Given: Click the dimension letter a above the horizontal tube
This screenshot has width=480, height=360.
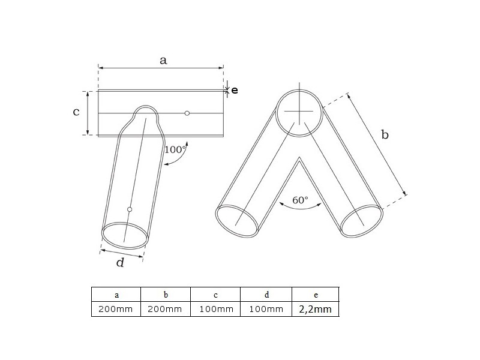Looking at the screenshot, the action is [x=163, y=61].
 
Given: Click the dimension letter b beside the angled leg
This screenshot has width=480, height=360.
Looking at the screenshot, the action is [x=385, y=134].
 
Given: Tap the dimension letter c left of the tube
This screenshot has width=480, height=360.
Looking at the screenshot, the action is [x=76, y=112].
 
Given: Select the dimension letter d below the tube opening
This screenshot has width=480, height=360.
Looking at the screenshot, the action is [x=121, y=262].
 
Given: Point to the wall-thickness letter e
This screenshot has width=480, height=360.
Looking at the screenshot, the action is [x=235, y=91].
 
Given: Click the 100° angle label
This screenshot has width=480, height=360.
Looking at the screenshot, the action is [x=175, y=149].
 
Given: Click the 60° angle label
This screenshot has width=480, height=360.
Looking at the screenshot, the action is [x=300, y=200].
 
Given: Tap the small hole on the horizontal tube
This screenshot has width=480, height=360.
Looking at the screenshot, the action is [x=187, y=113].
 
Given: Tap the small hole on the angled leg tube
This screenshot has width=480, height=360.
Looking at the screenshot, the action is [x=130, y=209].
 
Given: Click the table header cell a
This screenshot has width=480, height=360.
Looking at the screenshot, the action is [x=116, y=295].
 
